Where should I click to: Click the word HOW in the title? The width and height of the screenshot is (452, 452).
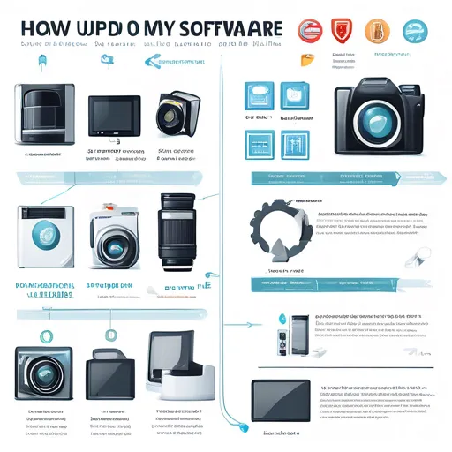[41, 28]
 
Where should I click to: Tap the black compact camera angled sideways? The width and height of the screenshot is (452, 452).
[172, 113]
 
